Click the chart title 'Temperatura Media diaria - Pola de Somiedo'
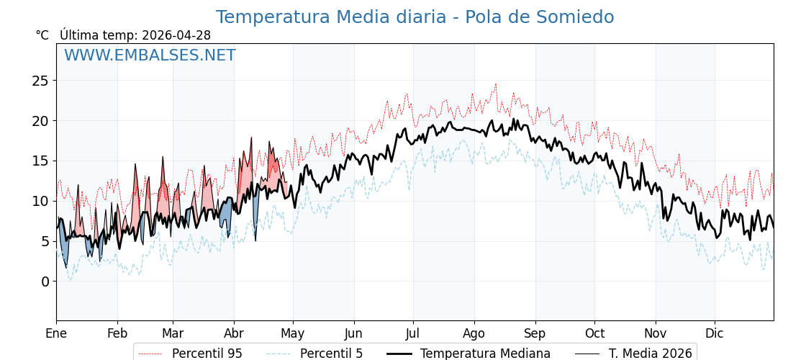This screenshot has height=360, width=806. click(415, 17)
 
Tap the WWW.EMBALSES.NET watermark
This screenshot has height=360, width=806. click(150, 55)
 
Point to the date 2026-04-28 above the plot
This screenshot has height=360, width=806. click(176, 35)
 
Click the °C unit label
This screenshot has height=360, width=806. click(42, 35)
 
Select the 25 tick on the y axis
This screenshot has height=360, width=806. click(40, 81)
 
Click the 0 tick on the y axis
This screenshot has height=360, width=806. click(44, 282)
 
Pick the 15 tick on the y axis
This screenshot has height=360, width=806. click(40, 161)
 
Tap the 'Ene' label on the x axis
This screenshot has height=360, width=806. click(56, 333)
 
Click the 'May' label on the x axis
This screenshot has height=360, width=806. click(293, 333)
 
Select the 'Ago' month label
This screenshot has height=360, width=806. click(474, 333)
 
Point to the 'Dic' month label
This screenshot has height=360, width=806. click(715, 333)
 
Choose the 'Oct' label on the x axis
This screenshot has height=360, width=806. click(594, 333)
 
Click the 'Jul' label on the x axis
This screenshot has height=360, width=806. click(413, 333)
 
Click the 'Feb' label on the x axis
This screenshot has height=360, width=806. click(117, 333)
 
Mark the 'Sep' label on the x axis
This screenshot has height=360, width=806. click(535, 333)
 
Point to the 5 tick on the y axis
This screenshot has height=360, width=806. click(44, 241)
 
